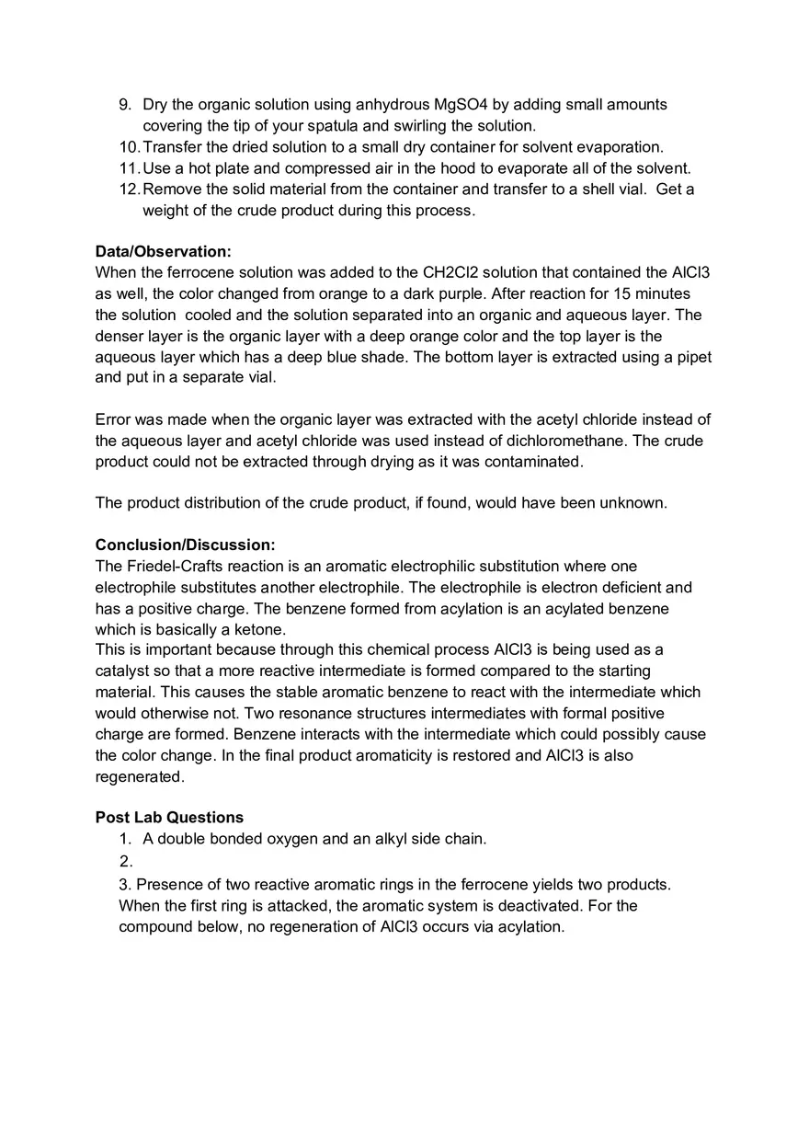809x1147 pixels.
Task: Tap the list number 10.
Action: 129,147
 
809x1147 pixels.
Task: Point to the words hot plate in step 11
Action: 219,168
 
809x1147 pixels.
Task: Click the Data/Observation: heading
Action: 163,252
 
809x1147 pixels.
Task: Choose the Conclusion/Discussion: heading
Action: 185,545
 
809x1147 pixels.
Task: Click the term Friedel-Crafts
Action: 174,567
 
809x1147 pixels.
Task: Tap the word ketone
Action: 260,630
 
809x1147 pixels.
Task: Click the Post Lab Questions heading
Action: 169,818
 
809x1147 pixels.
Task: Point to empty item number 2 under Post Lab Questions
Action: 126,862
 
